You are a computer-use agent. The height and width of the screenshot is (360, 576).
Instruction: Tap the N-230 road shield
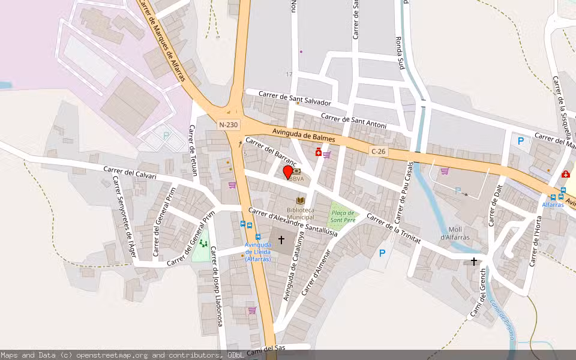click(x=228, y=125)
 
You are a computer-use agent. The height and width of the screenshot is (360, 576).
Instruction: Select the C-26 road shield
click(x=378, y=152)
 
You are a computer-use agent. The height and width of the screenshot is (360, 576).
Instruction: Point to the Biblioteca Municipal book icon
click(x=300, y=200)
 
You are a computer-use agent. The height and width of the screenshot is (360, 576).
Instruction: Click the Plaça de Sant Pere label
click(x=343, y=217)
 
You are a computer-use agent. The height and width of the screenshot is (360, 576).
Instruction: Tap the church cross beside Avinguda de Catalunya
click(x=281, y=240)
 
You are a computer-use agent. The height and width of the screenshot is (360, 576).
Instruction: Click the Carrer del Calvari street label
click(x=130, y=173)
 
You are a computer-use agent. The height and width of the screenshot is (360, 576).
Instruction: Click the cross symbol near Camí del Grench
click(x=474, y=262)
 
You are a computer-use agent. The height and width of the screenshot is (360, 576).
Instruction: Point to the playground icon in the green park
click(x=203, y=244)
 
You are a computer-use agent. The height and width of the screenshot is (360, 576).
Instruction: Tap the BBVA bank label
click(x=296, y=178)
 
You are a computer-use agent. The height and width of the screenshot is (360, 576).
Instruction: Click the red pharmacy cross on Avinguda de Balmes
click(x=318, y=152)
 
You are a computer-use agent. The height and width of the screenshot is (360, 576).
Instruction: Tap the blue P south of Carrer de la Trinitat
click(x=382, y=253)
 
